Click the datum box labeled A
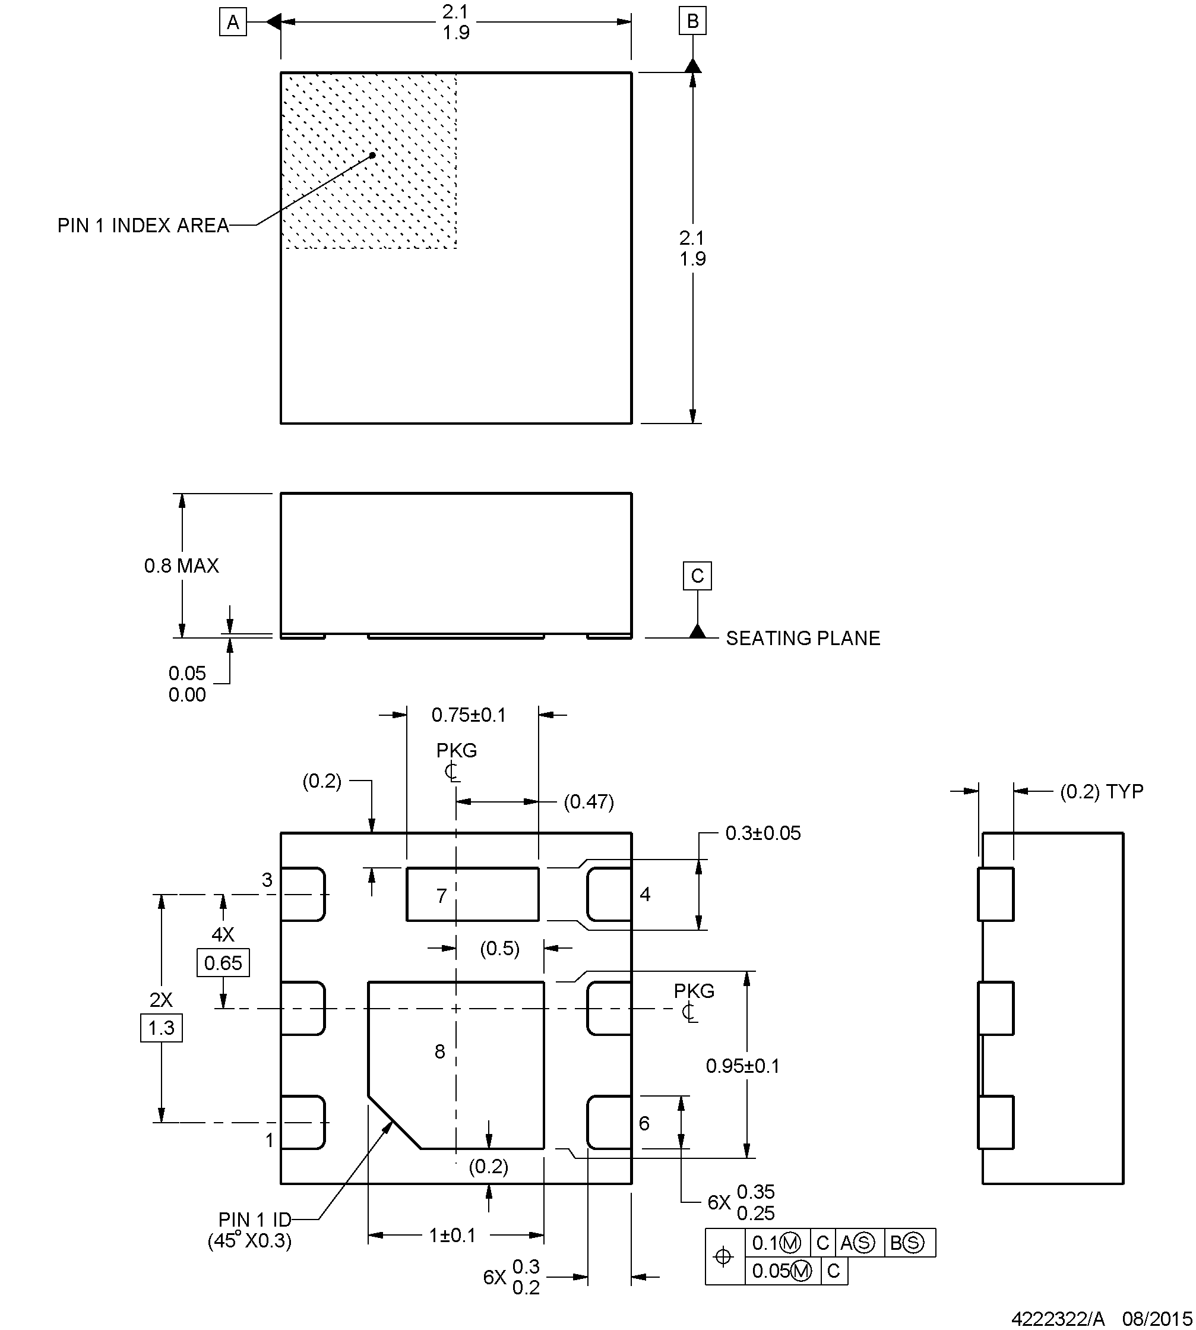233,23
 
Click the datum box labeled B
692,21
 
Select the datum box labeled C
697,576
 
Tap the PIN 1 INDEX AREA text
143,226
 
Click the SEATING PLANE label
802,639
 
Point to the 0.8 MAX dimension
181,566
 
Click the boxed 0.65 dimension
223,963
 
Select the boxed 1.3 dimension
161,1028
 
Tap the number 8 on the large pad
439,1051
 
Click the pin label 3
267,880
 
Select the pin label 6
644,1123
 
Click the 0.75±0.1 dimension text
469,715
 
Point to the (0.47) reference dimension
589,801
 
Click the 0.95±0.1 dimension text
742,1066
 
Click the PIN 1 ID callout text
254,1220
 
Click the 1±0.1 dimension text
452,1236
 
